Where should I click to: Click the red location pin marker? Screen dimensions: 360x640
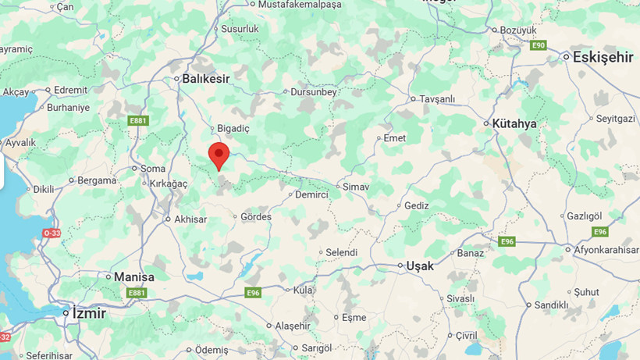tap(219, 154)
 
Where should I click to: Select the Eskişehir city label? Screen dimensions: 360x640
tap(602, 57)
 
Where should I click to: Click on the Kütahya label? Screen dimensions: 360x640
tap(515, 123)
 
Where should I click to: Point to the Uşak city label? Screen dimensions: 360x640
tap(419, 266)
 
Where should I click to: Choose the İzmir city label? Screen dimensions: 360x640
tap(88, 312)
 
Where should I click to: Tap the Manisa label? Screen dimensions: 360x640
tap(133, 277)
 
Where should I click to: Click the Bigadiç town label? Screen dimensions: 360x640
tap(233, 128)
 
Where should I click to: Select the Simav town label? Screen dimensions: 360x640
tap(356, 187)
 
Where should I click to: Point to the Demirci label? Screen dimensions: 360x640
tap(311, 194)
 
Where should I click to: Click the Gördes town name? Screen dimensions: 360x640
tap(256, 216)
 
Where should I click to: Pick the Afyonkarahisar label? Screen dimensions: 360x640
tap(606, 249)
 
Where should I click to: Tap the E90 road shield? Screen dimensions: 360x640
tap(539, 45)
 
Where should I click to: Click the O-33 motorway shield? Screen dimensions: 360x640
tap(52, 233)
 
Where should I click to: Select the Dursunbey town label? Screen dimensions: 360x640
tap(313, 91)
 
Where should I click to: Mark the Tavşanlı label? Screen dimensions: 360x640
tap(437, 99)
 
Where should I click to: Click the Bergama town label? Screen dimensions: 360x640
tap(97, 180)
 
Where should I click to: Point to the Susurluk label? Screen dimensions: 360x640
tap(240, 28)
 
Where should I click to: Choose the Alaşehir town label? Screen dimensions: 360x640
tap(292, 325)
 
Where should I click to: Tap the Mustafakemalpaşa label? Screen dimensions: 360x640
tap(300, 5)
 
